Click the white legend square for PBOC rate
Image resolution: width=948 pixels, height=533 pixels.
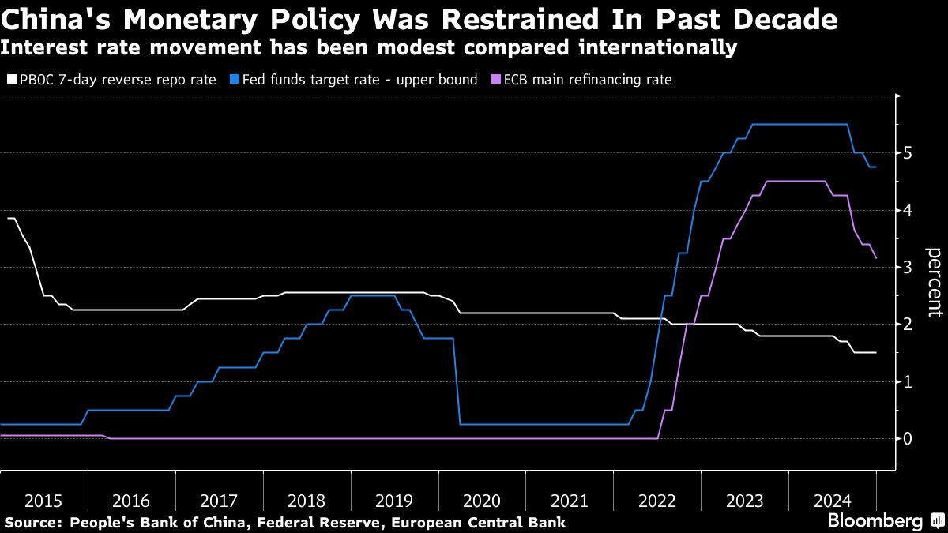(9, 80)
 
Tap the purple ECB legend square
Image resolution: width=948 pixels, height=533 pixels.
(496, 80)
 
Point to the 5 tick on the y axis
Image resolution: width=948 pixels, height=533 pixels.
(907, 152)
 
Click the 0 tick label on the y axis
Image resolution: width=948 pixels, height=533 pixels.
(907, 438)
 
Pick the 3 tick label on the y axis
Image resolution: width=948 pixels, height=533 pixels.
(907, 267)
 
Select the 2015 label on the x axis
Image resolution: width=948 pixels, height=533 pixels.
(43, 501)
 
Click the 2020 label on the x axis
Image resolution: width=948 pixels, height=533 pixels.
(481, 501)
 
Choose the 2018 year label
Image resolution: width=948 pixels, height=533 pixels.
(307, 501)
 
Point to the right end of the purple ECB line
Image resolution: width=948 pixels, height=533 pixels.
(876, 257)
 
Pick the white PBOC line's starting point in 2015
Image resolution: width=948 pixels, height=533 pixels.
(9, 218)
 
